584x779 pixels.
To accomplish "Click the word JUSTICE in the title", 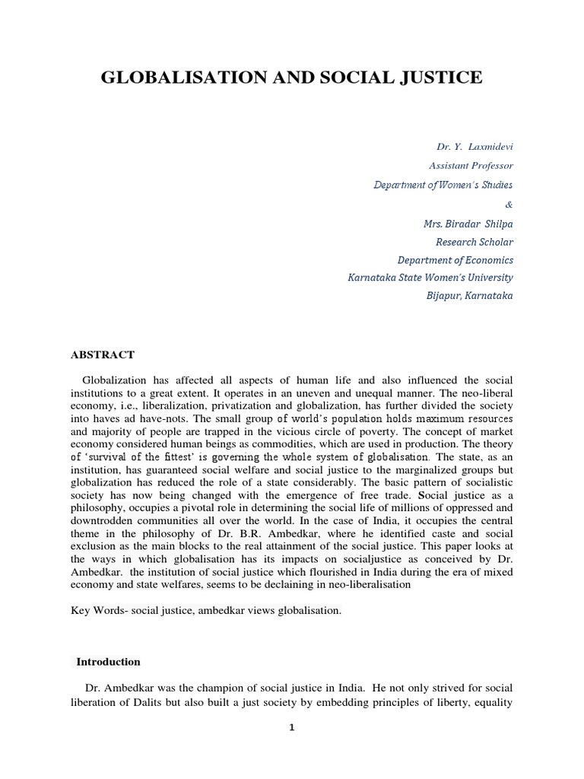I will pos(440,77).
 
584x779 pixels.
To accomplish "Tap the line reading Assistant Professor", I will pos(471,165).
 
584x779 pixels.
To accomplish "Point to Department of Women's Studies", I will pos(443,185).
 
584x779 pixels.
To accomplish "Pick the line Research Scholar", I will pos(474,242).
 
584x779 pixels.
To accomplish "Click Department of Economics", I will pos(455,260).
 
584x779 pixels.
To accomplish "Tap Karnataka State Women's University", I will pos(430,278).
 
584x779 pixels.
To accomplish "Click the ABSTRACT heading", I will pos(103,355).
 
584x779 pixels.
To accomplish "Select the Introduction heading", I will pos(108,662).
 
